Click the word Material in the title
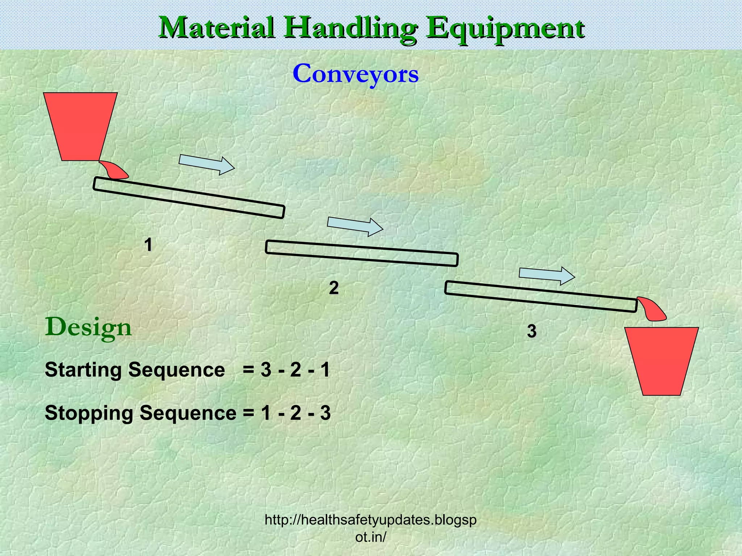(217, 28)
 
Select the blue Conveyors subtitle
(355, 74)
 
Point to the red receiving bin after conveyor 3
(662, 361)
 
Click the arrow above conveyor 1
(207, 164)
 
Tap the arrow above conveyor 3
(547, 275)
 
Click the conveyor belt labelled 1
(189, 198)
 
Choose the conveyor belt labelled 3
(541, 296)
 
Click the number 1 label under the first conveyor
(148, 245)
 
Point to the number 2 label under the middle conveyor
(334, 288)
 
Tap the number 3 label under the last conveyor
(532, 331)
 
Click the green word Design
(88, 328)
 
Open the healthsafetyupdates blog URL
(371, 528)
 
